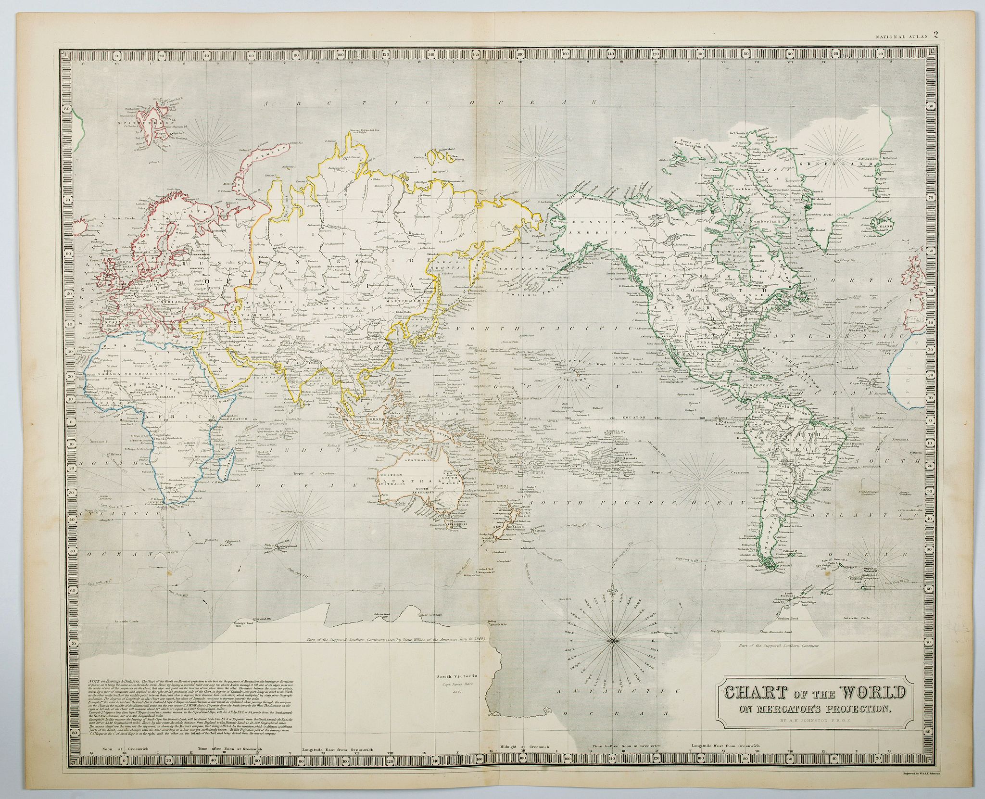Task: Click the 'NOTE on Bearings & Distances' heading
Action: tap(111, 682)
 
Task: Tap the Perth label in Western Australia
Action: tap(383, 495)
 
